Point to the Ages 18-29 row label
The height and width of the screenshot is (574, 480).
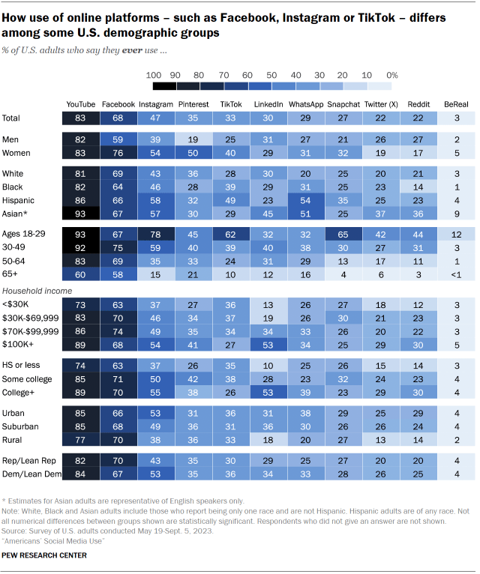coord(25,234)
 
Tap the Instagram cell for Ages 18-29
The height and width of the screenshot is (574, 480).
coord(155,234)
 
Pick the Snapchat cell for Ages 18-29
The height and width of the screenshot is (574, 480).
coord(343,234)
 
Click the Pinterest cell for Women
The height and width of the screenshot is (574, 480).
coord(193,153)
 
